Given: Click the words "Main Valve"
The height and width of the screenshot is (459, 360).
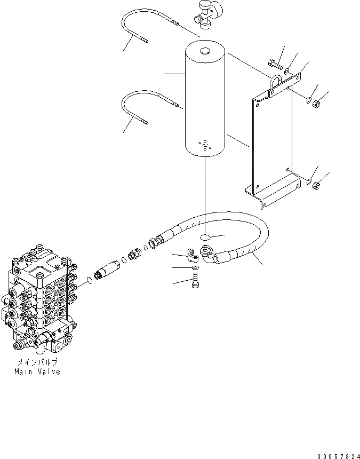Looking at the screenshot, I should [x=37, y=371].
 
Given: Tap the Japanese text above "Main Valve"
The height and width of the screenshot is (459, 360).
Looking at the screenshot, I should [x=37, y=362].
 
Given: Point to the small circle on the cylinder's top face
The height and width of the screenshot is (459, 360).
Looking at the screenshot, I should [x=205, y=52].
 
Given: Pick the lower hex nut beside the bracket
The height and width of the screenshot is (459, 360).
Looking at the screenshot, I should [x=316, y=186].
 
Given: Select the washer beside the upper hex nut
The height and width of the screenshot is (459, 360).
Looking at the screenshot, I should [x=308, y=98].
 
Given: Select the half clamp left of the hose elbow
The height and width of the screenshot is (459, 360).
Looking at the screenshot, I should [x=191, y=253].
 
